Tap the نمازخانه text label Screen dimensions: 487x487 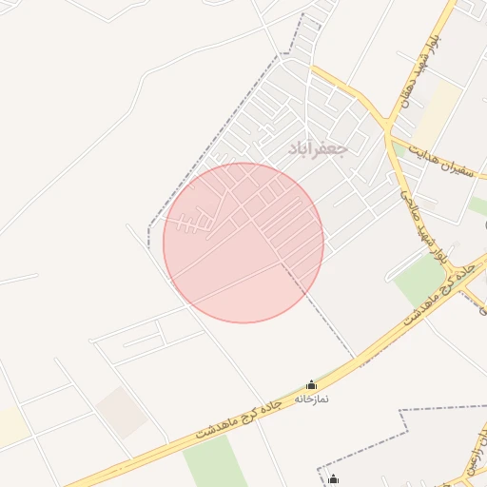pos(311,399)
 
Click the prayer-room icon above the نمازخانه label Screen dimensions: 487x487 pos(311,385)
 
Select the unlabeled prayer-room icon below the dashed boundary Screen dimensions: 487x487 pos(333,479)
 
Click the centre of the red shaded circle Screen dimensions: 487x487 pos(243,243)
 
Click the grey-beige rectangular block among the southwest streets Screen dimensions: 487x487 pos(121,411)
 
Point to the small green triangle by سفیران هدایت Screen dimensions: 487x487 pos(478,205)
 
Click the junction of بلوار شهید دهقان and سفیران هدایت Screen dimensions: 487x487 pos(387,127)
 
